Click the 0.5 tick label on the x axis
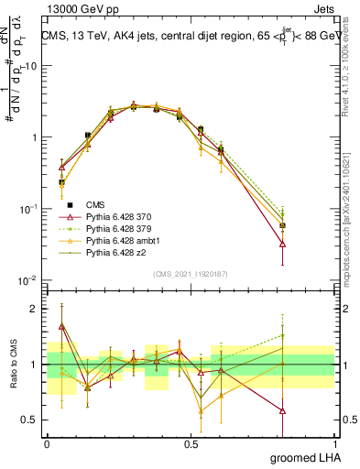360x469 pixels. [191, 442]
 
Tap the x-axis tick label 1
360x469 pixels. [335, 442]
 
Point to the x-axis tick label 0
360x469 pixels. [47, 442]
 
